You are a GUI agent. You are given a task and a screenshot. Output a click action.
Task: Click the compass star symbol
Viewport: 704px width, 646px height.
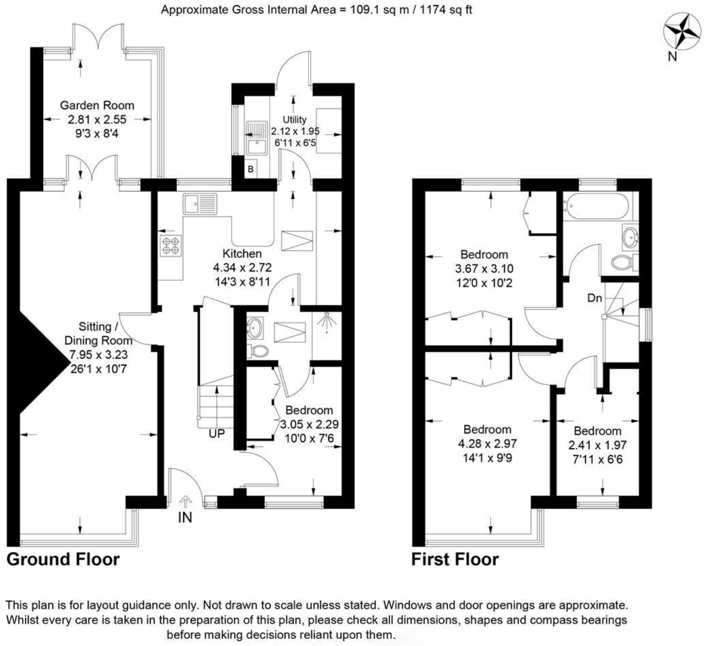pos(682,31)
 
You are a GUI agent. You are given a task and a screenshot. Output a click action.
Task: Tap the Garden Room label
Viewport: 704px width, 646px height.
pos(97,106)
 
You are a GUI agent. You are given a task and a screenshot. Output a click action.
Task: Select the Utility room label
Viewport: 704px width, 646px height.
pos(295,119)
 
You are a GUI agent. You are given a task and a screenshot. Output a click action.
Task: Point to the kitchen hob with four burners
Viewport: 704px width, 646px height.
pos(171,246)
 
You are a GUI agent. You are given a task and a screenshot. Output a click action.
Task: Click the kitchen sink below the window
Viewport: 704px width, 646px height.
pos(200,204)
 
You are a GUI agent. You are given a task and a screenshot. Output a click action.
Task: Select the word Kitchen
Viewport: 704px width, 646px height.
pos(242,254)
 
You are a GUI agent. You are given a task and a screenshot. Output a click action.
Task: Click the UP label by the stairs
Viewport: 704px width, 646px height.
pos(216,434)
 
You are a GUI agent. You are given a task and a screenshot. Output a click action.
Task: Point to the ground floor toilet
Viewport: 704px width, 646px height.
pos(259,351)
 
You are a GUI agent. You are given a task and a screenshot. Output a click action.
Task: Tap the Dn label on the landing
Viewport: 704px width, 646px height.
pos(594,298)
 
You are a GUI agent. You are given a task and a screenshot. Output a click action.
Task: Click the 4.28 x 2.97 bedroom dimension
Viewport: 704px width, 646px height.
pos(487,443)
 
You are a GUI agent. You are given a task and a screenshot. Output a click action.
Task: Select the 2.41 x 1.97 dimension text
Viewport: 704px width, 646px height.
pos(597,445)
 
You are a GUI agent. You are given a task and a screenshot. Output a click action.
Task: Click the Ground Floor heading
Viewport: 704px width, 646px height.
pos(63,559)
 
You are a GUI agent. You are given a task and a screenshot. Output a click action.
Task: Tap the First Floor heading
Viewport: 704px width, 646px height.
pos(455,559)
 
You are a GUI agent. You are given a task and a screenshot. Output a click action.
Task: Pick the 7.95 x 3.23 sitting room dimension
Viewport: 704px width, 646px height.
pos(98,354)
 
